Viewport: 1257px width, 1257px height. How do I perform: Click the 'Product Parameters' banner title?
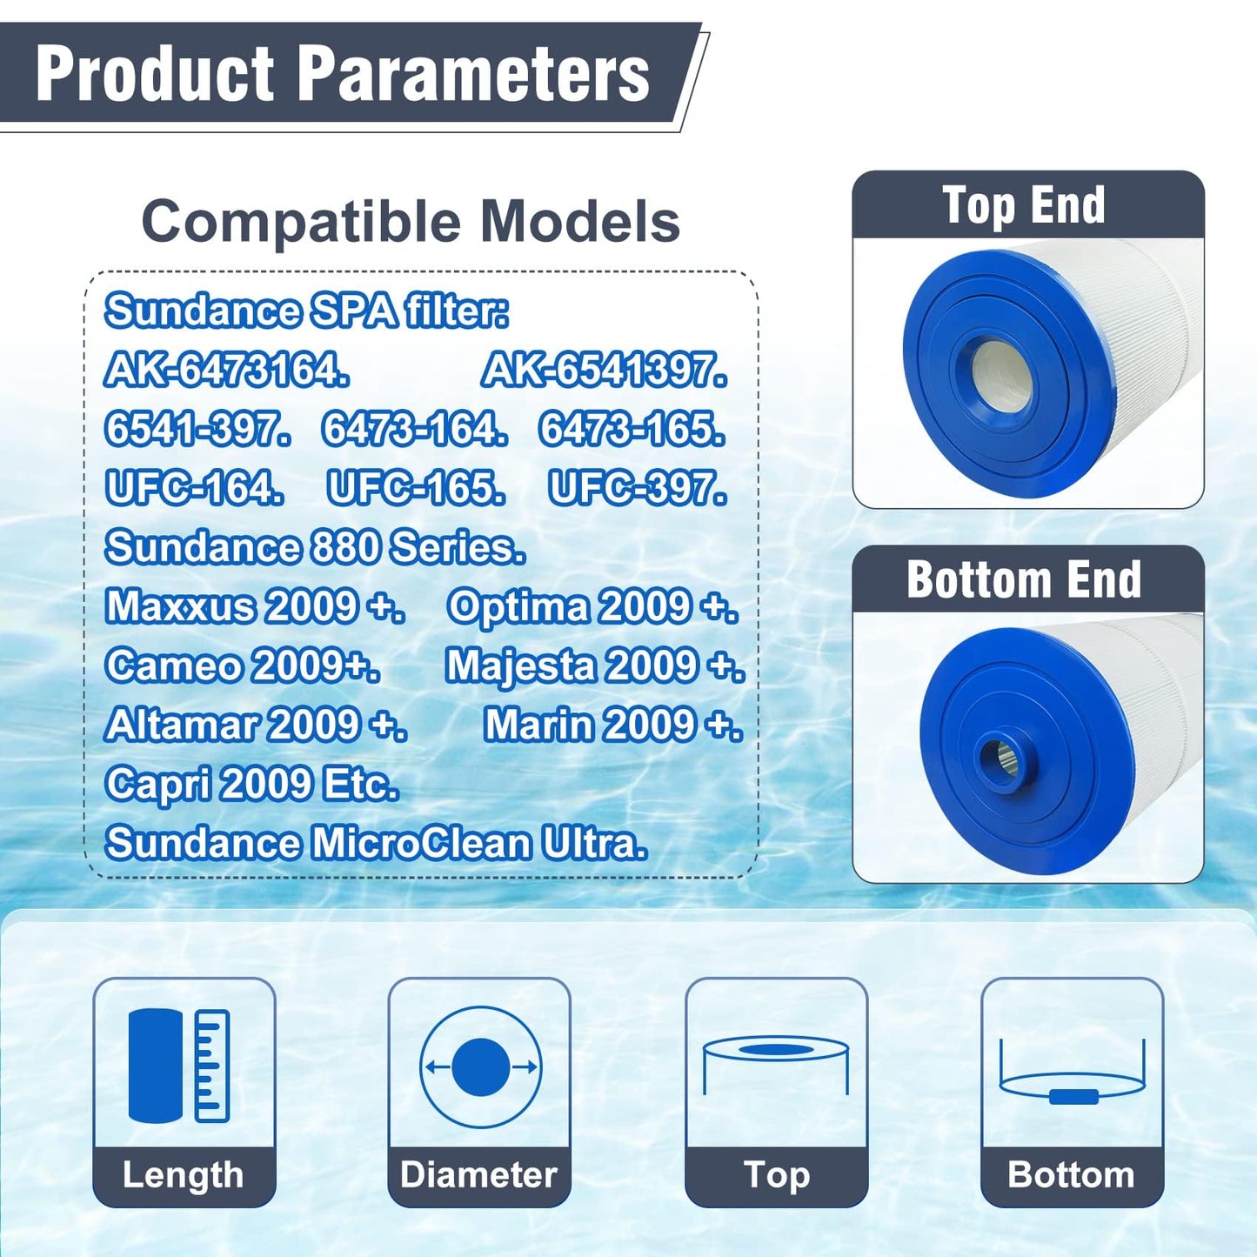(343, 75)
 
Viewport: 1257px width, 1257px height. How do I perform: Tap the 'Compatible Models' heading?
(411, 222)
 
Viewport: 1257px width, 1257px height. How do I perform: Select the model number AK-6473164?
(227, 371)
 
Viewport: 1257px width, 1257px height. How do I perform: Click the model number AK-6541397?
(605, 371)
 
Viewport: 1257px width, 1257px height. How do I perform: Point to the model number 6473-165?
(632, 430)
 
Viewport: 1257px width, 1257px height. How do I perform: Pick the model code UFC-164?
(195, 489)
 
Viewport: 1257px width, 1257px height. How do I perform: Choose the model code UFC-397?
(638, 489)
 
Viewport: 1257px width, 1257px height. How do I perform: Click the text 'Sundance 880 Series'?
(315, 548)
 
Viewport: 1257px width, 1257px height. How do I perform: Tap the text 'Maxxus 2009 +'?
(255, 607)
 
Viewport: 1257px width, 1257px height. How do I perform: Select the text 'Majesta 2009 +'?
(595, 666)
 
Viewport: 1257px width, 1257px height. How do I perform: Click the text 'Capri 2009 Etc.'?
(252, 785)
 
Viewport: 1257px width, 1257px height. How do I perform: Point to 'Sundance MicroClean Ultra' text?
(376, 844)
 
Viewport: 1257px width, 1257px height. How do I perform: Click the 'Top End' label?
(1024, 206)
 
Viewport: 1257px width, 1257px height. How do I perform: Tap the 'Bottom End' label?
(1024, 580)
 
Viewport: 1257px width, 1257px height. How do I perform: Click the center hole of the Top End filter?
(1000, 378)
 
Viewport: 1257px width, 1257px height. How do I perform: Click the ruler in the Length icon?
(211, 1066)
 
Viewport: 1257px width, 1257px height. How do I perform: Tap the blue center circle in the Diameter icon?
(480, 1067)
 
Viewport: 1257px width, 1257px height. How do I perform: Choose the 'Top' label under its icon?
(777, 1175)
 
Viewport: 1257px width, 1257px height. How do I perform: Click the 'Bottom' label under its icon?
(1071, 1175)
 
